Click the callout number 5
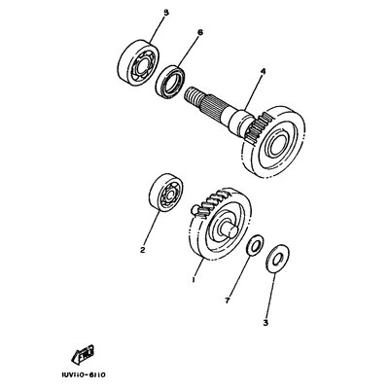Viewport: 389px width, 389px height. [166, 14]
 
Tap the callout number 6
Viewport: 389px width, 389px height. [199, 32]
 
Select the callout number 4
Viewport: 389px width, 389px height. [263, 73]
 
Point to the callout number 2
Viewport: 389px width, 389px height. [142, 250]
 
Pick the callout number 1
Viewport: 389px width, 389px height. [194, 279]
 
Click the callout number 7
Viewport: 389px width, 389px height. [227, 301]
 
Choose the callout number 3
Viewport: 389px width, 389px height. [265, 323]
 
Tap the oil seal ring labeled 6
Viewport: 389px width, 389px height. [170, 82]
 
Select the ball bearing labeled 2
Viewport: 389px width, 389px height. [166, 194]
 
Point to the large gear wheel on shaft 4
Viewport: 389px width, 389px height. [274, 141]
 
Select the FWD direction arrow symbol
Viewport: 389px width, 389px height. [84, 355]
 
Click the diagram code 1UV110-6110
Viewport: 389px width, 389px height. [83, 375]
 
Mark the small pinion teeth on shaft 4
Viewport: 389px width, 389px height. [258, 128]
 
